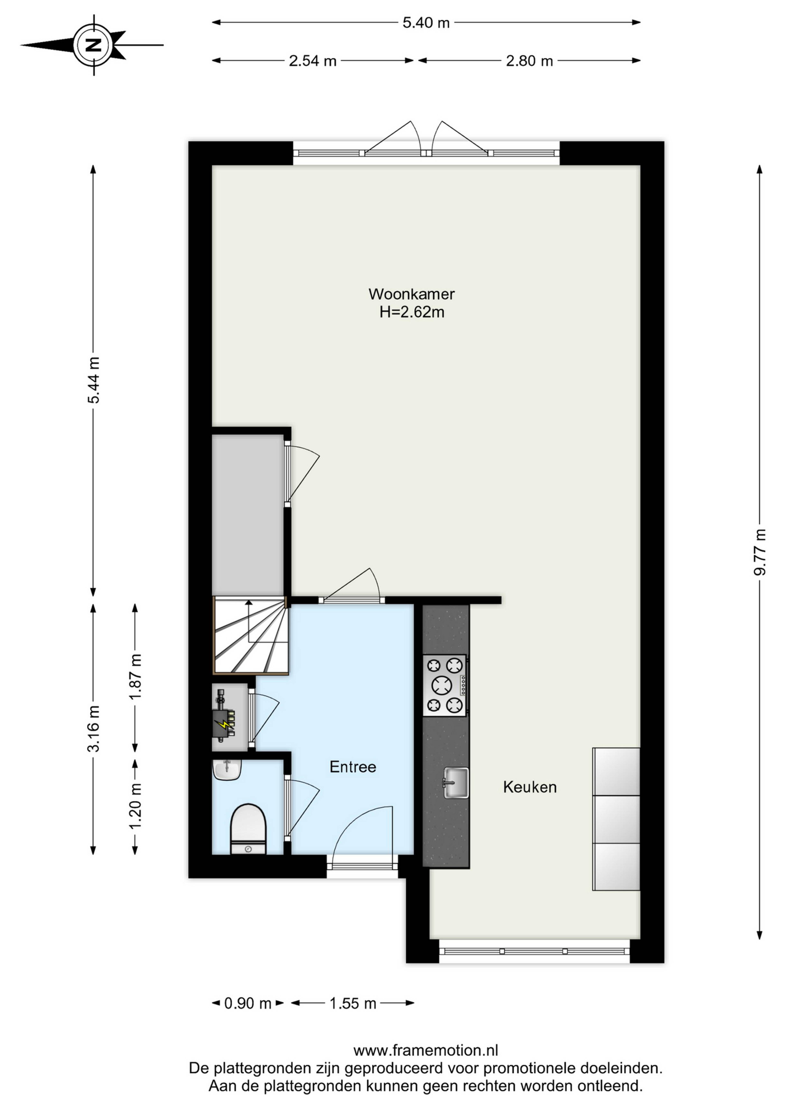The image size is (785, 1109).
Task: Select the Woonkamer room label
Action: (411, 294)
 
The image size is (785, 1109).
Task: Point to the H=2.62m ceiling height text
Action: (411, 312)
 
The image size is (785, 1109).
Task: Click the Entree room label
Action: (353, 767)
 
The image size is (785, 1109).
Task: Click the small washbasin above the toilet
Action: (227, 769)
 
